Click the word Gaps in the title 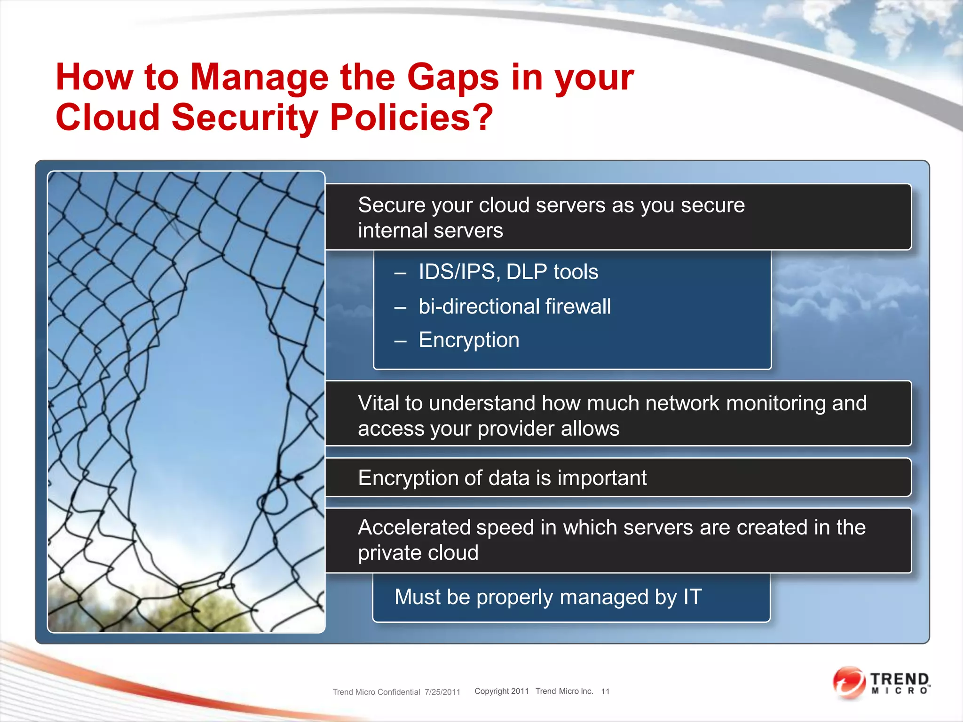(x=452, y=78)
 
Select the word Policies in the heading (x=399, y=118)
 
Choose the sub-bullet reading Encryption (x=469, y=340)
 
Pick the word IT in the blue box (x=693, y=597)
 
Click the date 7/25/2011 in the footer (x=442, y=692)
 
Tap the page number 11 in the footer (x=605, y=691)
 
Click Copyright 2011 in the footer (x=501, y=691)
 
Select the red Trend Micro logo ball (x=849, y=682)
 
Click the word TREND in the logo (x=899, y=679)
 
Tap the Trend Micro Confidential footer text (x=376, y=692)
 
